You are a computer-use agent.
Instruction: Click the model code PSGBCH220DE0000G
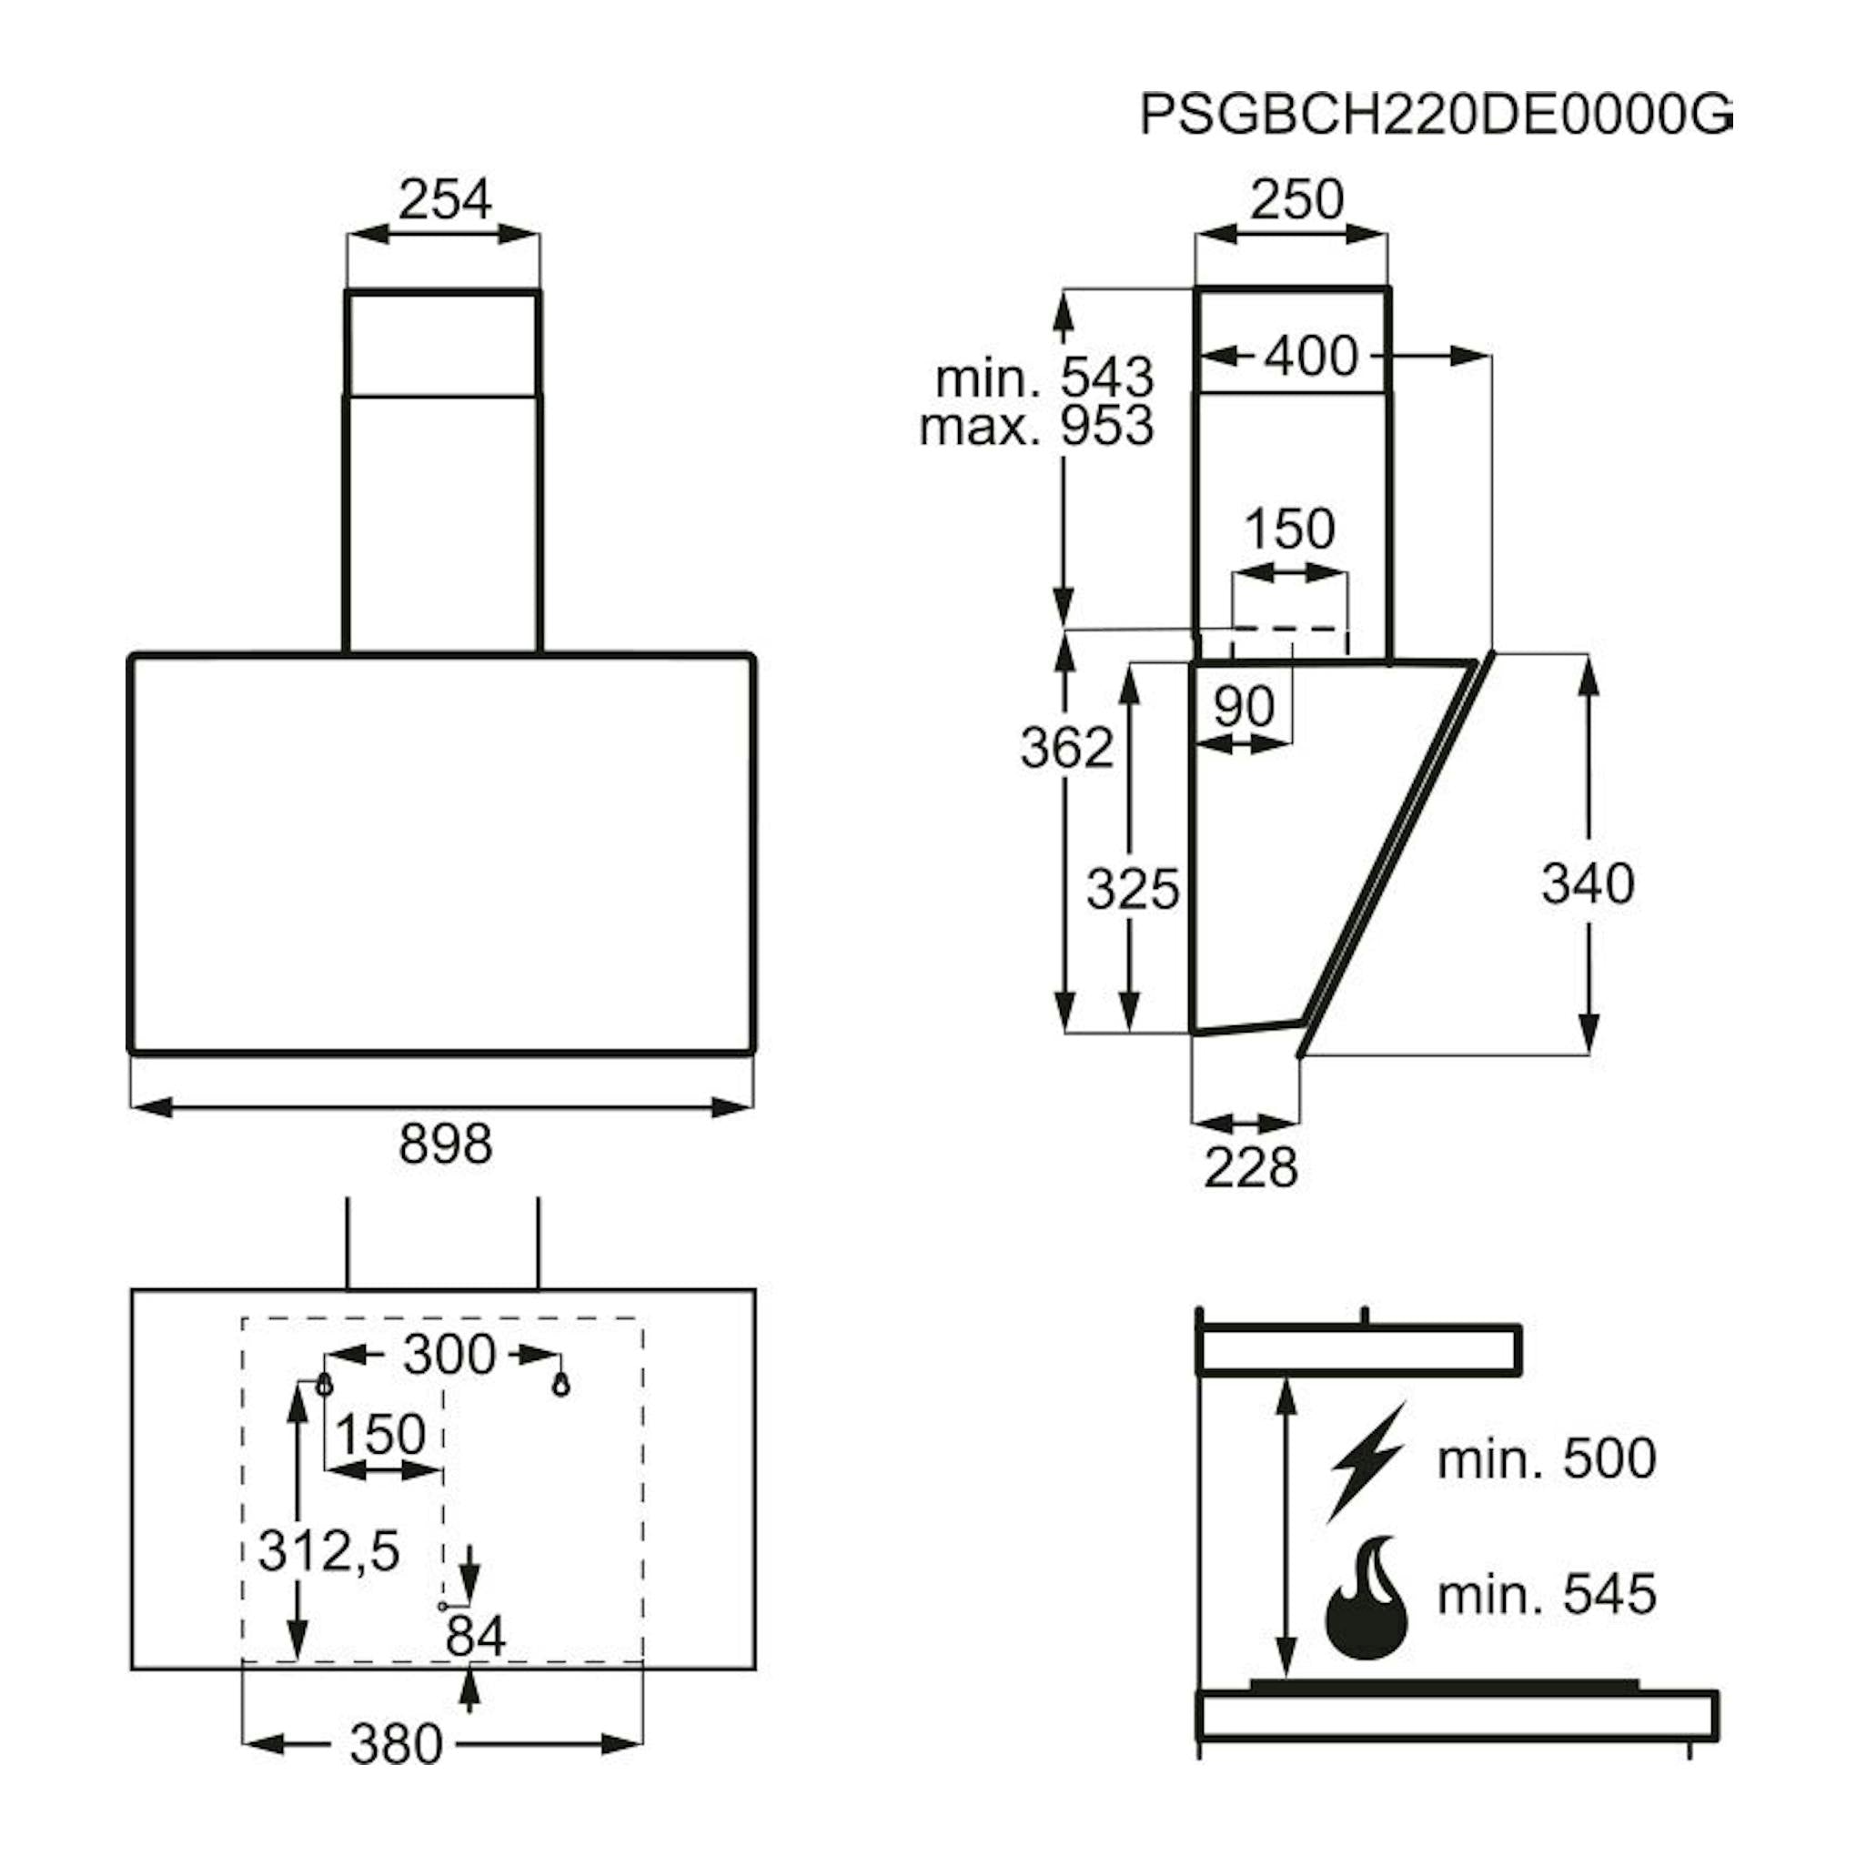[1437, 116]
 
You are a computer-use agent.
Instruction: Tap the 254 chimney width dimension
[445, 200]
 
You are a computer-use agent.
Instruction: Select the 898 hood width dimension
[445, 1145]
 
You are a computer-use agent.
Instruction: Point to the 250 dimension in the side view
[1296, 200]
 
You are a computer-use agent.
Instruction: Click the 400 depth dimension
[1310, 357]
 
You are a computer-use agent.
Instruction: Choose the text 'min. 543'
[1044, 378]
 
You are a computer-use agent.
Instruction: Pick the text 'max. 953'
[1036, 426]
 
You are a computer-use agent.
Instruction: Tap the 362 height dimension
[1066, 747]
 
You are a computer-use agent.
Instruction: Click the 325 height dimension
[1133, 889]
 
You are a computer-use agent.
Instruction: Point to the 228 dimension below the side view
[1251, 1168]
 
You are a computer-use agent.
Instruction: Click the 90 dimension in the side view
[1244, 706]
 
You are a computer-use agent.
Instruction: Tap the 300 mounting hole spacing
[449, 1356]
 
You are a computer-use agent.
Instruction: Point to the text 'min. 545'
[1547, 1595]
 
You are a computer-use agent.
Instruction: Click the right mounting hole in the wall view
[561, 1386]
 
